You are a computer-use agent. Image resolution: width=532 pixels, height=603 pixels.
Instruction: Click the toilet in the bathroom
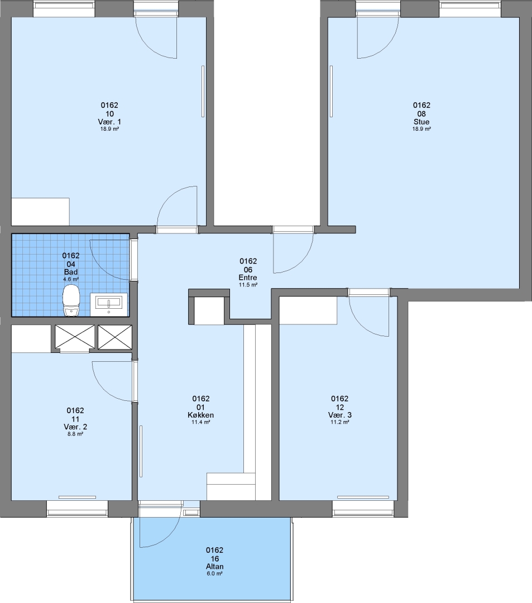click(71, 300)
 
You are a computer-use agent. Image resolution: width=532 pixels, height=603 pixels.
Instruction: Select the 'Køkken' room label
click(200, 415)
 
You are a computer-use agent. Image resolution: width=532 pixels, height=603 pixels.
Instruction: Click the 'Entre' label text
click(248, 277)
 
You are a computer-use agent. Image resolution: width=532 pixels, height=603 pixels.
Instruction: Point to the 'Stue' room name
click(421, 122)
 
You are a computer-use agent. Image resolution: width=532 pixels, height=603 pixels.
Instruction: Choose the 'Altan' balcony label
click(214, 567)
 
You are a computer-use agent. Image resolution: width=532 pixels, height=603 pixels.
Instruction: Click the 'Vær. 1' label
click(109, 122)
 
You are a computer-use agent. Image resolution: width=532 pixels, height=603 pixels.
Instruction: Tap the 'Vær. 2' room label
click(75, 427)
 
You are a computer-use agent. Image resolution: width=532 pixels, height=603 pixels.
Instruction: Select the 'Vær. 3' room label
click(340, 415)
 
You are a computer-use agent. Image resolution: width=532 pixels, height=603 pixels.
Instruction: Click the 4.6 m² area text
click(71, 279)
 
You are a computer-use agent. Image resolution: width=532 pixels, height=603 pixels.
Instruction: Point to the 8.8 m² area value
click(75, 434)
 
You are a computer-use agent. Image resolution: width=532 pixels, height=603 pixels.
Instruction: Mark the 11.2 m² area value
click(340, 422)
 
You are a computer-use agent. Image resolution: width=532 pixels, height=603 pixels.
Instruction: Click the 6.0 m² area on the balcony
click(214, 573)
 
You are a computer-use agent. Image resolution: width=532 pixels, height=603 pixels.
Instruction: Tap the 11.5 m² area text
click(248, 285)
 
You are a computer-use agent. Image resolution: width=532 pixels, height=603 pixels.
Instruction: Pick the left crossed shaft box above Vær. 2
click(75, 337)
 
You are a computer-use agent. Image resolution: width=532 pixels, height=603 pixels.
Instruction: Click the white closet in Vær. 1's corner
click(40, 212)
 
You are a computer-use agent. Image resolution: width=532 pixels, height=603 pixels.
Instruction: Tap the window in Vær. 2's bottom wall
click(77, 508)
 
